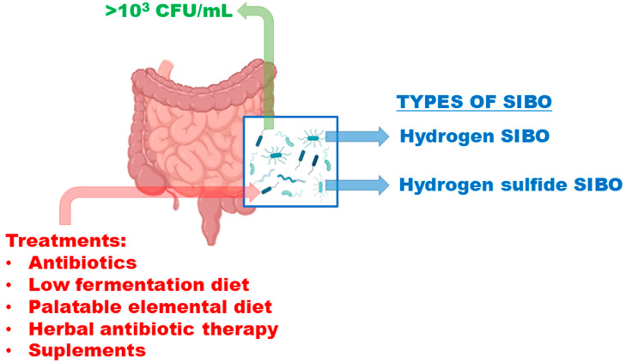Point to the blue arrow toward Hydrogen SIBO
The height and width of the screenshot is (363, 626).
click(x=356, y=136)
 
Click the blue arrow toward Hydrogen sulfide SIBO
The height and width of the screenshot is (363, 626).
click(x=356, y=184)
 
